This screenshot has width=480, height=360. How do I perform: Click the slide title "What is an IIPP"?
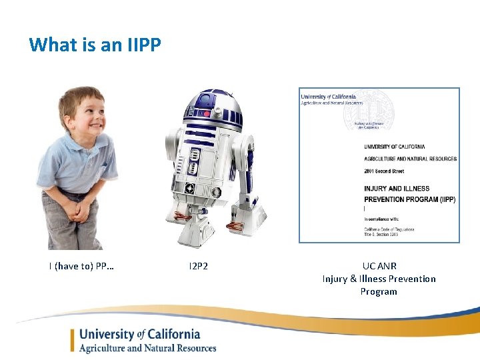pyautogui.click(x=95, y=45)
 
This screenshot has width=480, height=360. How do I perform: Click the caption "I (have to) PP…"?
pyautogui.click(x=81, y=267)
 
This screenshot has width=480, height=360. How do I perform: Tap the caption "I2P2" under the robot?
pyautogui.click(x=198, y=267)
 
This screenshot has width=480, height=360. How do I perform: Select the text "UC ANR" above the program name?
pyautogui.click(x=379, y=266)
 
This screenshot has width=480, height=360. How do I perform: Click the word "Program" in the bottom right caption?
pyautogui.click(x=379, y=291)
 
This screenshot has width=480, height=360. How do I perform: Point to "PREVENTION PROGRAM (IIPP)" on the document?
pyautogui.click(x=409, y=199)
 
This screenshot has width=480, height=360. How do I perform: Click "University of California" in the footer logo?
pyautogui.click(x=139, y=334)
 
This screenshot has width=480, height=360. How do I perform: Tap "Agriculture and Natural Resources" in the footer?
pyautogui.click(x=147, y=347)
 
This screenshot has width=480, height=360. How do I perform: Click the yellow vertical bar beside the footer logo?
pyautogui.click(x=73, y=340)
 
